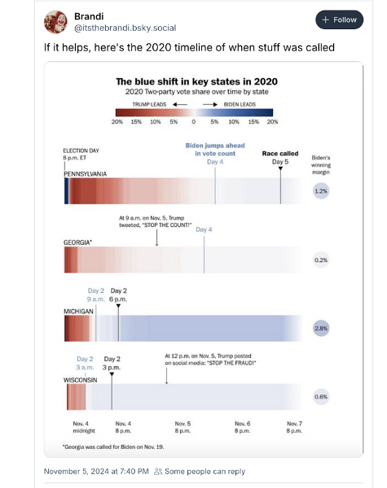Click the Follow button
pyautogui.click(x=339, y=20)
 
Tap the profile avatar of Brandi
pyautogui.click(x=55, y=22)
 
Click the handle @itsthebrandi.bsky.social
pyautogui.click(x=125, y=28)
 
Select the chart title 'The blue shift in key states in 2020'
pyautogui.click(x=197, y=81)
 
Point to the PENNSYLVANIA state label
pyautogui.click(x=85, y=174)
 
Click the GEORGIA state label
pyautogui.click(x=77, y=242)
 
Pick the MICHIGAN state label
pyautogui.click(x=78, y=312)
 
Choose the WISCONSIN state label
pyautogui.click(x=80, y=380)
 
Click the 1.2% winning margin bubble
pyautogui.click(x=321, y=191)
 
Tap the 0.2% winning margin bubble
pyautogui.click(x=321, y=260)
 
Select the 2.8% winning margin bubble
pyautogui.click(x=321, y=329)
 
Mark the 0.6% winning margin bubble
pyautogui.click(x=321, y=397)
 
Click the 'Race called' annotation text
pyautogui.click(x=280, y=154)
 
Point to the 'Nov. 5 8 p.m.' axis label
pyautogui.click(x=183, y=427)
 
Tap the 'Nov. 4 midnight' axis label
pyautogui.click(x=84, y=427)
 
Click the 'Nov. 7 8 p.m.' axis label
pyautogui.click(x=294, y=427)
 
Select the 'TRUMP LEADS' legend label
pyautogui.click(x=149, y=105)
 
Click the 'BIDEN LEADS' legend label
pyautogui.click(x=240, y=105)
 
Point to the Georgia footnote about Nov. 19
pyautogui.click(x=113, y=447)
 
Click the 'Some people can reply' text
pyautogui.click(x=204, y=472)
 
